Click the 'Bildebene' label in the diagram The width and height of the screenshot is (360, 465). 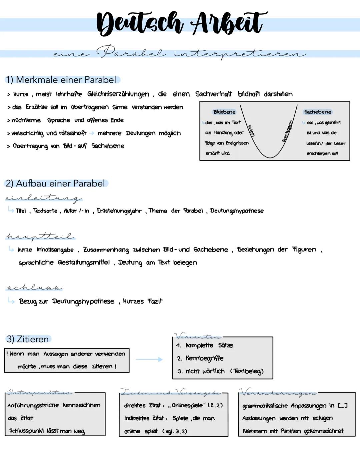point(224,112)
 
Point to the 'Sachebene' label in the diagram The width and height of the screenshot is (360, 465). point(318,112)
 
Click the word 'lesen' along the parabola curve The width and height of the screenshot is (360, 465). point(251,130)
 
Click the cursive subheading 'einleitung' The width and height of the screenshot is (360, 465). point(43,198)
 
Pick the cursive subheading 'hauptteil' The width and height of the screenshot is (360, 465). point(40,237)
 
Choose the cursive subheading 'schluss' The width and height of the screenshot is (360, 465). point(34,287)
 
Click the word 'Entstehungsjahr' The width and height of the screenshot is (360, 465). point(119,211)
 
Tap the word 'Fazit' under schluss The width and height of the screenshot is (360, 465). point(155,302)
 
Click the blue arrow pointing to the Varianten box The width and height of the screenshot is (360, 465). point(149,359)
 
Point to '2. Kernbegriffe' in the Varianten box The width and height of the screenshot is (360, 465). point(200,359)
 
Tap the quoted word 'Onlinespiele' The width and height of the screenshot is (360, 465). point(187,406)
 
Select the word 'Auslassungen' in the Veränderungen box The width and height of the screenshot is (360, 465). point(259,418)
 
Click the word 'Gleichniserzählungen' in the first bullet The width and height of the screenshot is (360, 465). point(118,94)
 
